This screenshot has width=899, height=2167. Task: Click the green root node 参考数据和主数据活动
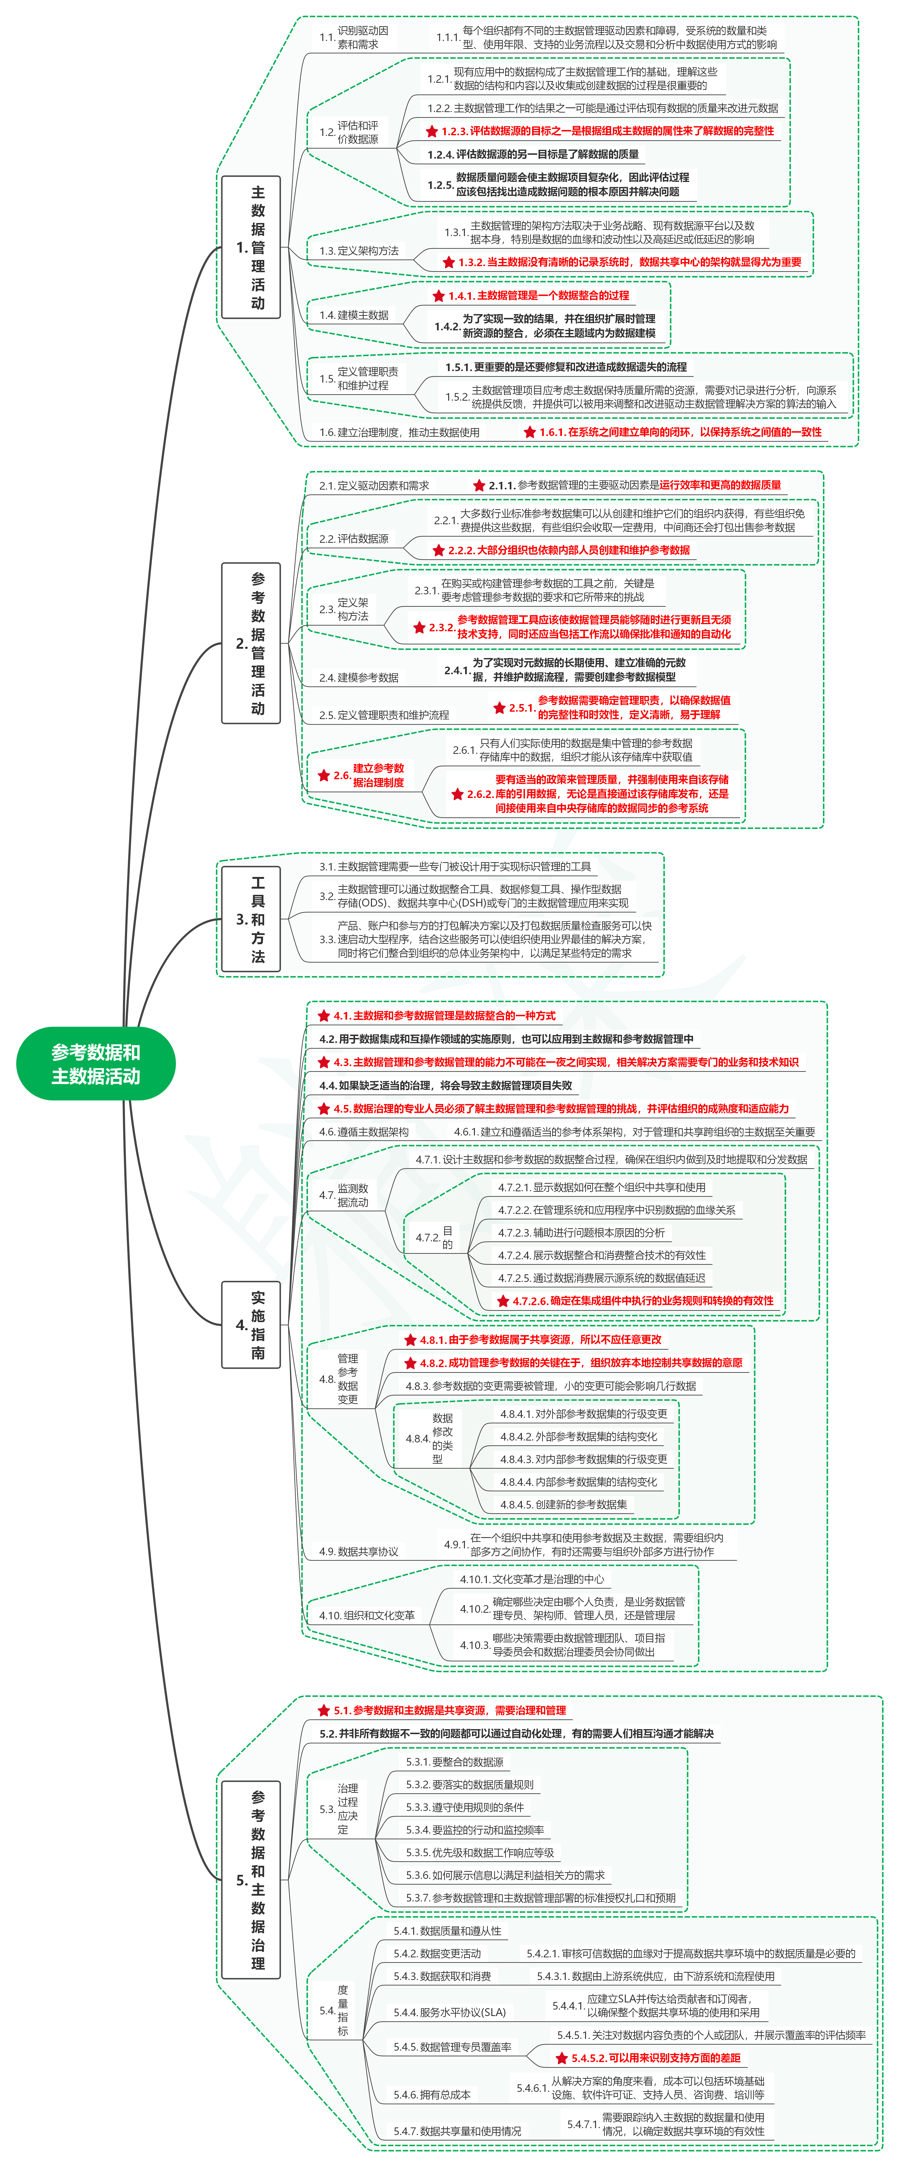[x=96, y=1063]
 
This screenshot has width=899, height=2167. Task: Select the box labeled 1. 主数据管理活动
[x=251, y=247]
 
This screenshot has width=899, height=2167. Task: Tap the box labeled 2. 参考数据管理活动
[x=251, y=643]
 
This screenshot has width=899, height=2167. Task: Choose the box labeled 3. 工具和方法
[x=251, y=919]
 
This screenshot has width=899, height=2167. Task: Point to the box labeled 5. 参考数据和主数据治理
[x=251, y=1879]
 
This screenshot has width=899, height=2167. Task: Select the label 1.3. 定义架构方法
[x=359, y=251]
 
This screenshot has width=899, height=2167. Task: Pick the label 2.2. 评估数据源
[x=354, y=538]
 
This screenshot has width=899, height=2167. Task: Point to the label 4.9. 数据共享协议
[x=359, y=1551]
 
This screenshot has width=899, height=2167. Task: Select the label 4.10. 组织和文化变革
[x=367, y=1615]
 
